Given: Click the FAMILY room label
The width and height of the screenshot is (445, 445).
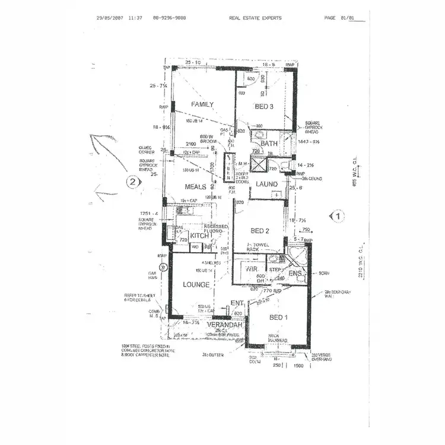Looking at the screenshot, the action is click(x=202, y=104).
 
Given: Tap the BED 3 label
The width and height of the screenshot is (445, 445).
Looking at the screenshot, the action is click(x=265, y=107).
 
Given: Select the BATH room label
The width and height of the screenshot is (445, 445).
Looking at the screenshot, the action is click(x=269, y=144).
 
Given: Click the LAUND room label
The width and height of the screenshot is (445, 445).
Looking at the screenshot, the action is click(x=266, y=185).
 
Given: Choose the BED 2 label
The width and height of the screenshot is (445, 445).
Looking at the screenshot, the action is click(x=260, y=231).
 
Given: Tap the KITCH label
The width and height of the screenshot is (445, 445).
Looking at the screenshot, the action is click(x=199, y=236).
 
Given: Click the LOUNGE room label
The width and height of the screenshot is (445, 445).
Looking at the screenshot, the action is click(x=196, y=285).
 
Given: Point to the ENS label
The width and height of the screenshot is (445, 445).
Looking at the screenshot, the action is click(x=295, y=274).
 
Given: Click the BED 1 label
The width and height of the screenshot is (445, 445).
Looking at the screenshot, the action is click(x=278, y=318).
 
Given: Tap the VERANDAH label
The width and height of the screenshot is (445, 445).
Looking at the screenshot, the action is click(x=225, y=325).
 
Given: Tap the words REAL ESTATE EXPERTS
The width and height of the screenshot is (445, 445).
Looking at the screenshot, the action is click(x=255, y=18).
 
